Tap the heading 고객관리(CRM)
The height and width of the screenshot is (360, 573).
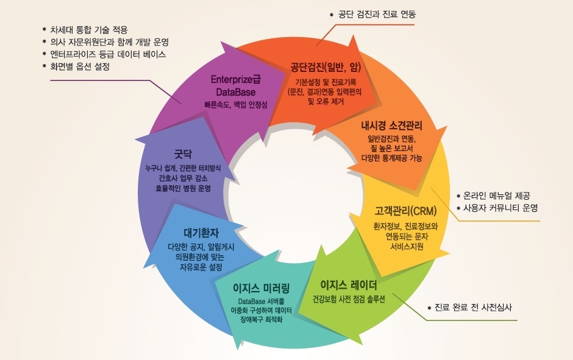[405, 211]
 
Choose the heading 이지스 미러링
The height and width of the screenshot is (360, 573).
[262, 288]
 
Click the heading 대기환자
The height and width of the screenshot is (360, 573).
[201, 233]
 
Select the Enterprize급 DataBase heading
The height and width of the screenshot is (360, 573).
[235, 86]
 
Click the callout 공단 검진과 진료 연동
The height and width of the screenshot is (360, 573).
[377, 13]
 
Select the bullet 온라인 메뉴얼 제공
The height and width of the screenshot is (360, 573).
[497, 196]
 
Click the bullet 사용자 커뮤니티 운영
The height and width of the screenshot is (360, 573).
[500, 208]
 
